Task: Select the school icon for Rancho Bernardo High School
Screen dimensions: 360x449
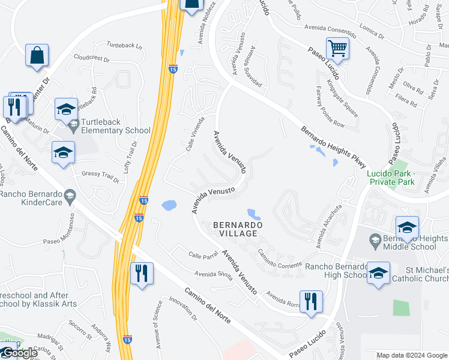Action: tap(378, 274)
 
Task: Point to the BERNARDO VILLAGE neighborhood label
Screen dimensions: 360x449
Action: tap(238, 229)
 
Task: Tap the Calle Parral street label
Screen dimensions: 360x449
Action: tap(202, 255)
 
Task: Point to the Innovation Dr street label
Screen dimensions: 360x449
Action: tap(182, 307)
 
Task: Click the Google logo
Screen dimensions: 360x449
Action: tap(19, 353)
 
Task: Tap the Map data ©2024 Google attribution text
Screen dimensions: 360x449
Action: tap(411, 355)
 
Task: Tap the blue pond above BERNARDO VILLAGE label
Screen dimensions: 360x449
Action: tap(253, 213)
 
